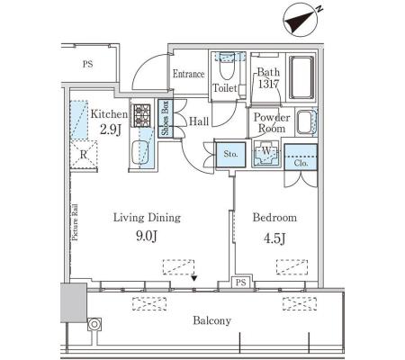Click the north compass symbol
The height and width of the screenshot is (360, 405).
pyautogui.click(x=301, y=20)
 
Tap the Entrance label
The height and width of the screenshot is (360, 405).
pyautogui.click(x=188, y=74)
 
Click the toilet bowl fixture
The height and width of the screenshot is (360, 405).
pyautogui.click(x=227, y=66)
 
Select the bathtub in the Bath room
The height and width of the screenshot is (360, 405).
pyautogui.click(x=301, y=77)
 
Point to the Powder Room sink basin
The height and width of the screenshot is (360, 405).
pyautogui.click(x=304, y=122)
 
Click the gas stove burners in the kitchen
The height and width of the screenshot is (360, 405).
pyautogui.click(x=141, y=115)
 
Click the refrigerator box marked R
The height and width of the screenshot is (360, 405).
pyautogui.click(x=84, y=155)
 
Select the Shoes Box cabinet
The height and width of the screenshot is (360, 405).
pyautogui.click(x=166, y=118)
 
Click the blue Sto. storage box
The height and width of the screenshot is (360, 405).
pyautogui.click(x=230, y=154)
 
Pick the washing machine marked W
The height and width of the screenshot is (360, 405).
pyautogui.click(x=266, y=153)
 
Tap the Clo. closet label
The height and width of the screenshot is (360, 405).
pyautogui.click(x=301, y=163)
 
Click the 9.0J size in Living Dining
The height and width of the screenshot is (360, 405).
pyautogui.click(x=147, y=237)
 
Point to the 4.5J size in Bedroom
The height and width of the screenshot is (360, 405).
pyautogui.click(x=274, y=238)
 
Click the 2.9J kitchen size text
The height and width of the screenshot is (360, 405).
pyautogui.click(x=110, y=130)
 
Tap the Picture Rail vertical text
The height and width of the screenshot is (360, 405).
pyautogui.click(x=75, y=222)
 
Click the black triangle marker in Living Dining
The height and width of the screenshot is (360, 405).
pyautogui.click(x=194, y=279)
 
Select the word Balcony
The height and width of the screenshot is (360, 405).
pyautogui.click(x=211, y=320)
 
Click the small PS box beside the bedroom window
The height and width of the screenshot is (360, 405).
pyautogui.click(x=240, y=283)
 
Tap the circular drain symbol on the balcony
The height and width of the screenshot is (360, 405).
pyautogui.click(x=94, y=325)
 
